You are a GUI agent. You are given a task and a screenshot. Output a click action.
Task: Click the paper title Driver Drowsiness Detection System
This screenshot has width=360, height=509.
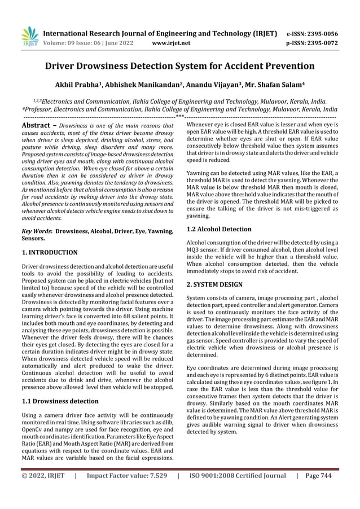coord(179,66)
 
